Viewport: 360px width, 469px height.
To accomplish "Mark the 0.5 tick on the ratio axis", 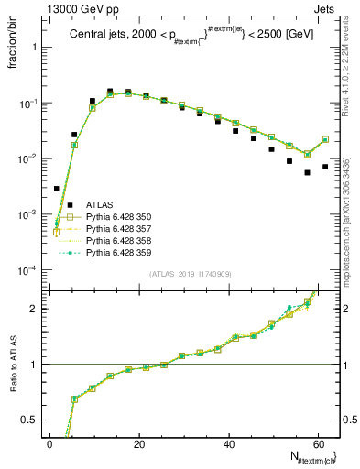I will [31, 420].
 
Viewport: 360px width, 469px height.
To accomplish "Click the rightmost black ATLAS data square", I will [325, 167].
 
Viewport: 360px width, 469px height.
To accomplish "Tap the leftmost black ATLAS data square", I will [57, 189].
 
